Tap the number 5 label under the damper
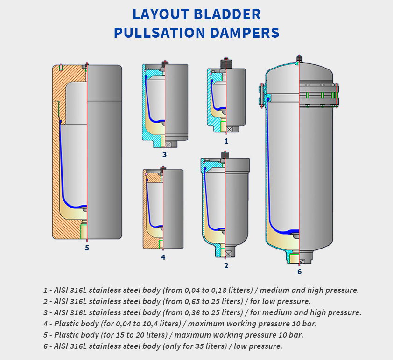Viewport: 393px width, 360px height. click(x=87, y=248)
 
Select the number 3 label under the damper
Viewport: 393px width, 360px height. click(x=164, y=154)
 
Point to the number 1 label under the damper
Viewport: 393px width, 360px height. click(x=226, y=140)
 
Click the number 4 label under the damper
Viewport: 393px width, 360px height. click(x=163, y=256)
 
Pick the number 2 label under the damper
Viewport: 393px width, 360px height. click(x=226, y=265)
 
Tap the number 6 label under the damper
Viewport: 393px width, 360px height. click(x=299, y=271)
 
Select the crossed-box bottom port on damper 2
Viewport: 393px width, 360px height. click(x=229, y=253)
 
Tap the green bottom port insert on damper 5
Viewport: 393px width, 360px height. click(x=84, y=231)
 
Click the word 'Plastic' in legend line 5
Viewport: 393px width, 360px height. click(x=65, y=335)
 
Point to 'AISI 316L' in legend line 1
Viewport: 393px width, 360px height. click(x=68, y=290)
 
